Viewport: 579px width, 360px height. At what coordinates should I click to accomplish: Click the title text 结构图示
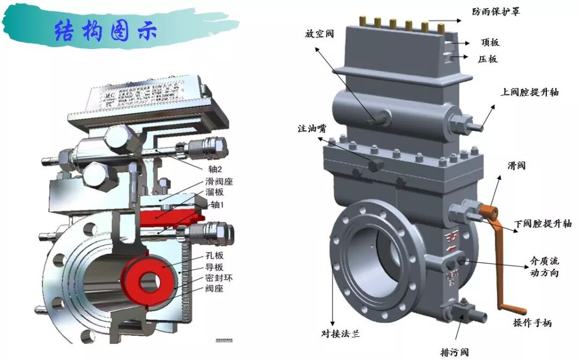[106, 31]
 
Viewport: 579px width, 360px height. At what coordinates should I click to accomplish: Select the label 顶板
[489, 42]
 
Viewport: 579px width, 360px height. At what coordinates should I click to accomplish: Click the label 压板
[488, 59]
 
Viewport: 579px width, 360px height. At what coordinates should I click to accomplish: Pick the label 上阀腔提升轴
[530, 92]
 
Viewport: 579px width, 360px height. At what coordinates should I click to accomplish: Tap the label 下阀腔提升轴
[543, 224]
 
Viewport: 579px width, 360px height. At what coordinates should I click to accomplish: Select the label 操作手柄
[532, 322]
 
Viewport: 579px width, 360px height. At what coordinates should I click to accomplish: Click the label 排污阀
[454, 352]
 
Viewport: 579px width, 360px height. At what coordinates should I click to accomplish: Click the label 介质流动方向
[543, 267]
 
